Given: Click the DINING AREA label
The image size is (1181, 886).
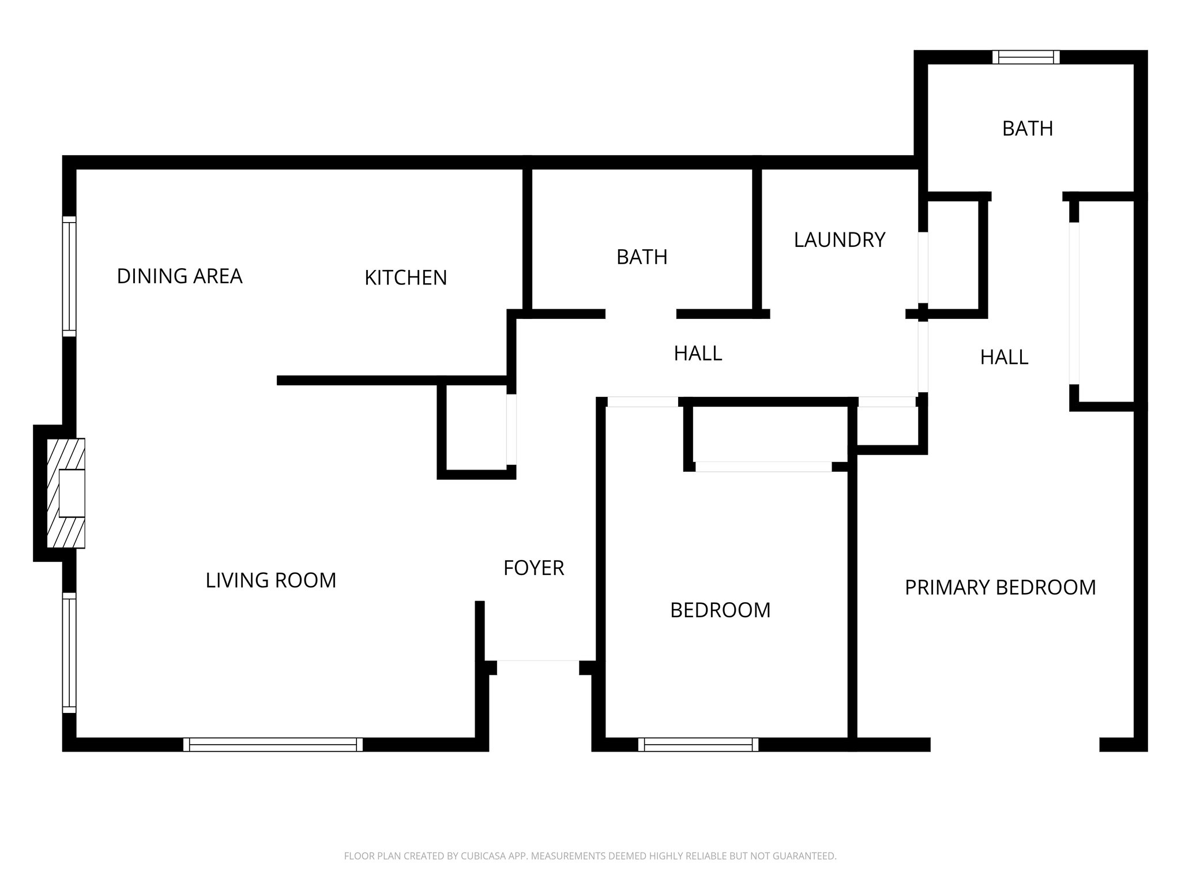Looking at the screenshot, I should click(x=179, y=276).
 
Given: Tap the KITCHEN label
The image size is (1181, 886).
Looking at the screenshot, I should click(x=405, y=277).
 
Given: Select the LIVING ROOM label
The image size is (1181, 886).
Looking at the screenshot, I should click(x=270, y=580).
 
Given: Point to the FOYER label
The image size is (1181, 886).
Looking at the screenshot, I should click(x=533, y=568).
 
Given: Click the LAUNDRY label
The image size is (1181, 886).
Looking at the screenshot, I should click(x=839, y=240).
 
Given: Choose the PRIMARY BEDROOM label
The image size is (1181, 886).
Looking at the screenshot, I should click(x=1000, y=588).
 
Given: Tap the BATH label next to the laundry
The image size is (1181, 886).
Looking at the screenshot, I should click(x=642, y=257).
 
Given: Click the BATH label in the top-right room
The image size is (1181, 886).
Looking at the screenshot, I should click(x=1027, y=129).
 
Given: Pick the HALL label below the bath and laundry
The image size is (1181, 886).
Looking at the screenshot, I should click(x=698, y=354).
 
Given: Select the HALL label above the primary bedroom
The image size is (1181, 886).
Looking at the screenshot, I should click(x=1004, y=358).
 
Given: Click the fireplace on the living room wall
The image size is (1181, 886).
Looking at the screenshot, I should click(x=66, y=493).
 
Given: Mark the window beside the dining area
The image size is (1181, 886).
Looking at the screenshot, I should click(x=69, y=276).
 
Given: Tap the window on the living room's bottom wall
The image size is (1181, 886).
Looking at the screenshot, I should click(x=273, y=744).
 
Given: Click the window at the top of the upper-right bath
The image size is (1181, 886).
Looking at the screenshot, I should click(x=1026, y=57).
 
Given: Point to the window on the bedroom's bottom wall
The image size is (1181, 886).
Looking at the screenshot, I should click(x=698, y=744).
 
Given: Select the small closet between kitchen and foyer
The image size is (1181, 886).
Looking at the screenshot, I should click(x=476, y=428).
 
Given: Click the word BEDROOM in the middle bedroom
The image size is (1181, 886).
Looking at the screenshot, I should click(x=720, y=610).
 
